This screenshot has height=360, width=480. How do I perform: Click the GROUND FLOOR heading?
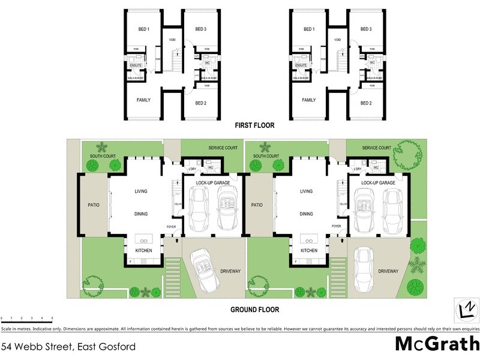point(254,310)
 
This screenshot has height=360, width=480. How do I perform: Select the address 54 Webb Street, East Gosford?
point(68,347)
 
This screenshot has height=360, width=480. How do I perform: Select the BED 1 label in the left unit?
point(143,29)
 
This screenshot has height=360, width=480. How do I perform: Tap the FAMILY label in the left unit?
point(143,100)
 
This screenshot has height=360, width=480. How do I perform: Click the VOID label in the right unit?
point(337,40)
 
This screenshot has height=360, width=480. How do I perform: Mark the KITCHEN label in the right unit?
point(309,250)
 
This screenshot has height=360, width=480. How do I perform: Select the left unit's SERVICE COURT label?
point(223,148)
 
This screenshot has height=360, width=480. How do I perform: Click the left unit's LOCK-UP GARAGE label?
point(213,182)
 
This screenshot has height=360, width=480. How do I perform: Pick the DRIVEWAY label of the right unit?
point(388,271)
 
